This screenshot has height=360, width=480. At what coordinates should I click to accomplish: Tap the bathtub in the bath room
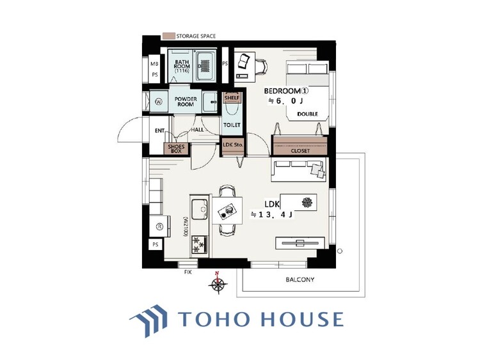click(x=205, y=66)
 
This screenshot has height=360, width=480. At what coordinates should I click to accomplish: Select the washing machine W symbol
click(x=159, y=102)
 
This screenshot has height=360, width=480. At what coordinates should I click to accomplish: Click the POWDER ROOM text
click(x=186, y=102)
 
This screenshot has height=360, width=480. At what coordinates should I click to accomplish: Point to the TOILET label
click(x=232, y=125)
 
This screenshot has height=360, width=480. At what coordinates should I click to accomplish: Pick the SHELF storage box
click(x=232, y=98)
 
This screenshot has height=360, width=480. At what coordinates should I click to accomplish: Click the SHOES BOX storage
click(x=176, y=149)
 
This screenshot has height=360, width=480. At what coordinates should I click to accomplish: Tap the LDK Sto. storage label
click(x=233, y=145)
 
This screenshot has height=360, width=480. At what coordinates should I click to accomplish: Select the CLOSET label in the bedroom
click(x=300, y=151)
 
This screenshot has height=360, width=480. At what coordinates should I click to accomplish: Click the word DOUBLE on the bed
click(x=308, y=114)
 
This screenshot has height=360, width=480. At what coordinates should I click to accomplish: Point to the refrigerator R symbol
click(x=159, y=226)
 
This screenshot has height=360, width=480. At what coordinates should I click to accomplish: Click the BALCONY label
click(x=300, y=279)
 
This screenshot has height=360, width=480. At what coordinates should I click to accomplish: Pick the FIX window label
click(x=188, y=272)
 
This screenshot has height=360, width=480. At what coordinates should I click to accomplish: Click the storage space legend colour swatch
click(x=168, y=36)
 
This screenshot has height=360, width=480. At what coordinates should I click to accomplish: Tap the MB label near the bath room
click(x=155, y=64)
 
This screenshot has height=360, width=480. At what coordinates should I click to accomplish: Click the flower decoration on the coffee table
click(x=307, y=202)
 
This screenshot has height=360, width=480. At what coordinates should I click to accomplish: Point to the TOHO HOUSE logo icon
click(x=149, y=320)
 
